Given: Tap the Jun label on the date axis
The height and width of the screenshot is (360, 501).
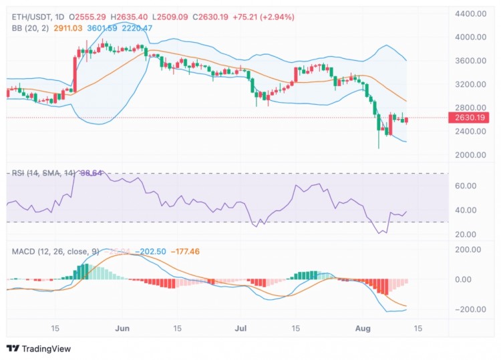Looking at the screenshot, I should pyautogui.click(x=122, y=328).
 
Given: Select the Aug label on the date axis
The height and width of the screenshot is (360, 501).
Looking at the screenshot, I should pyautogui.click(x=362, y=328).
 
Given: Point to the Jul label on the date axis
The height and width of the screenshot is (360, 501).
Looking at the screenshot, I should pyautogui.click(x=241, y=328).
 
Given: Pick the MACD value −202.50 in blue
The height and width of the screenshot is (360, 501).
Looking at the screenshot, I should pyautogui.click(x=151, y=251).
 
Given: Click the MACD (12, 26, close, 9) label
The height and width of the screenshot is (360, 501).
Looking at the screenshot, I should pyautogui.click(x=55, y=251).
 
